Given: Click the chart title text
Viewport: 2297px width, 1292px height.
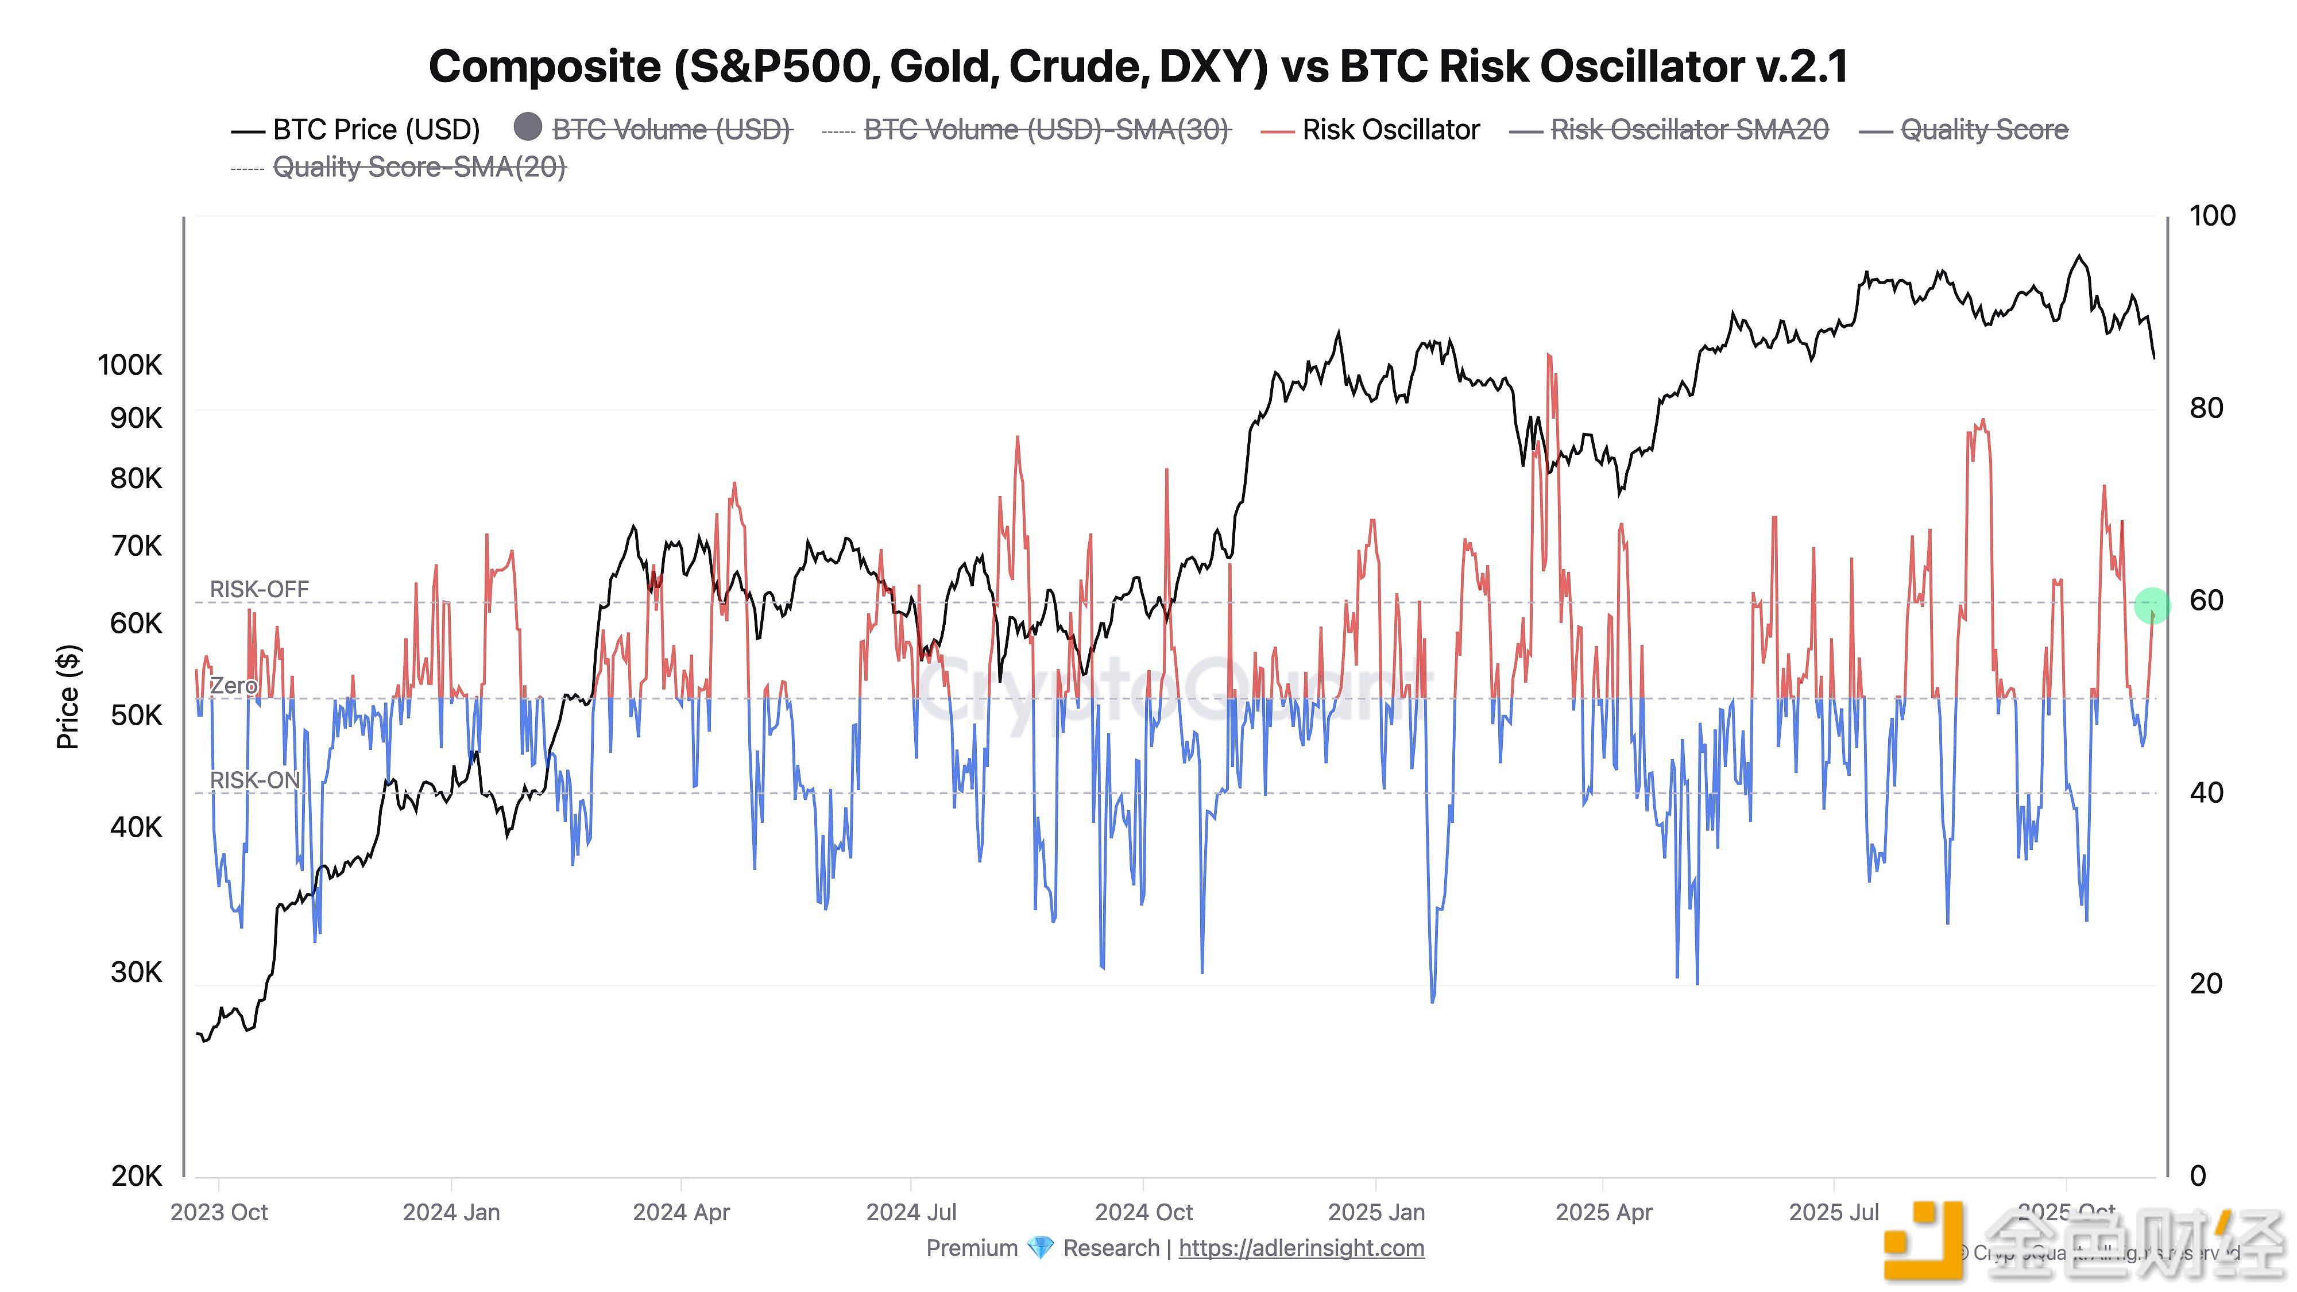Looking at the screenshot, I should [x=1138, y=67].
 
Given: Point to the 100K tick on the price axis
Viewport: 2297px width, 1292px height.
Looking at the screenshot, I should [x=130, y=365].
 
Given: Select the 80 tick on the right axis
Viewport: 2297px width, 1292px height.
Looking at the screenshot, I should [x=2206, y=408].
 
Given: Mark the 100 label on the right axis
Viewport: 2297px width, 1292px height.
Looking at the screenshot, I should [x=2211, y=216].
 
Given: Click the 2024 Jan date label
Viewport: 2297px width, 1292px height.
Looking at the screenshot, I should [x=451, y=1213].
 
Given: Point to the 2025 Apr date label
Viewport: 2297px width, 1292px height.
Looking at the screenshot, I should [x=1603, y=1213].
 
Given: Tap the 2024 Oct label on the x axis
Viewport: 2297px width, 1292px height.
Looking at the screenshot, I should [x=1143, y=1213].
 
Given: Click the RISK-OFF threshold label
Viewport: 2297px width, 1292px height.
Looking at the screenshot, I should [x=258, y=589].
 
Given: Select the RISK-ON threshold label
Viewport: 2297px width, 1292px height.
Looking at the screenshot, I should [x=254, y=780].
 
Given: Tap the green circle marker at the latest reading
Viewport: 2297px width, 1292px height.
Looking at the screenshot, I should [x=2152, y=605].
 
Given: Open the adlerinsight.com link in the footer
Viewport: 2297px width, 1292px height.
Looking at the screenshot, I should [x=1301, y=1248].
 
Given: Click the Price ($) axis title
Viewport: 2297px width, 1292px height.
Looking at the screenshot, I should [x=68, y=697].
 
